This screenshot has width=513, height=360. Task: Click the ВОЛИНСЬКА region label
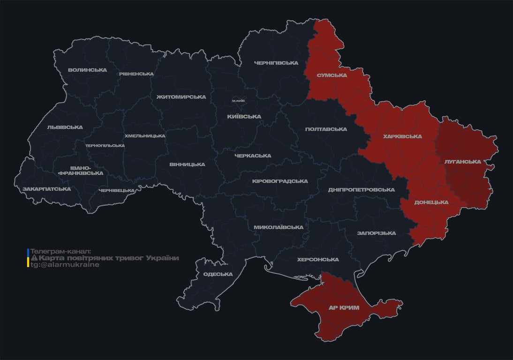87,70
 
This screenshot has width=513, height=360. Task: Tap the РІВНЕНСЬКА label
136,74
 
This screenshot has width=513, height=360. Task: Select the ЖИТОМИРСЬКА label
181,97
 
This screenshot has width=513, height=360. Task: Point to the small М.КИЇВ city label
238,101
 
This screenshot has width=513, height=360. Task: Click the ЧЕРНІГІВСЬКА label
276,63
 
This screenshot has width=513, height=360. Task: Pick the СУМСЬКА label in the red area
332,75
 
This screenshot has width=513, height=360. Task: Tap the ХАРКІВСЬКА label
402,137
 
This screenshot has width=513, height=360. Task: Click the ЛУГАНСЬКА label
462,162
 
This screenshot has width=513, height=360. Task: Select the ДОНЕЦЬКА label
431,202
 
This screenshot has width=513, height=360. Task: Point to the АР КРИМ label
344,307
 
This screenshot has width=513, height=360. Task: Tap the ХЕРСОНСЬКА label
317,260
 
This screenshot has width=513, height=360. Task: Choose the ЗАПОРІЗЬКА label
376,233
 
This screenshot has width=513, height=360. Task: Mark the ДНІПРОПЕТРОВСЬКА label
361,190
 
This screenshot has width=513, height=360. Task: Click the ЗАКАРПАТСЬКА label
46,189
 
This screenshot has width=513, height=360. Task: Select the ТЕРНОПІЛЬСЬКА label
105,146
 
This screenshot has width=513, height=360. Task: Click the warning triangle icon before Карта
34,258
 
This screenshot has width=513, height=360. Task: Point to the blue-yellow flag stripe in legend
28,258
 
